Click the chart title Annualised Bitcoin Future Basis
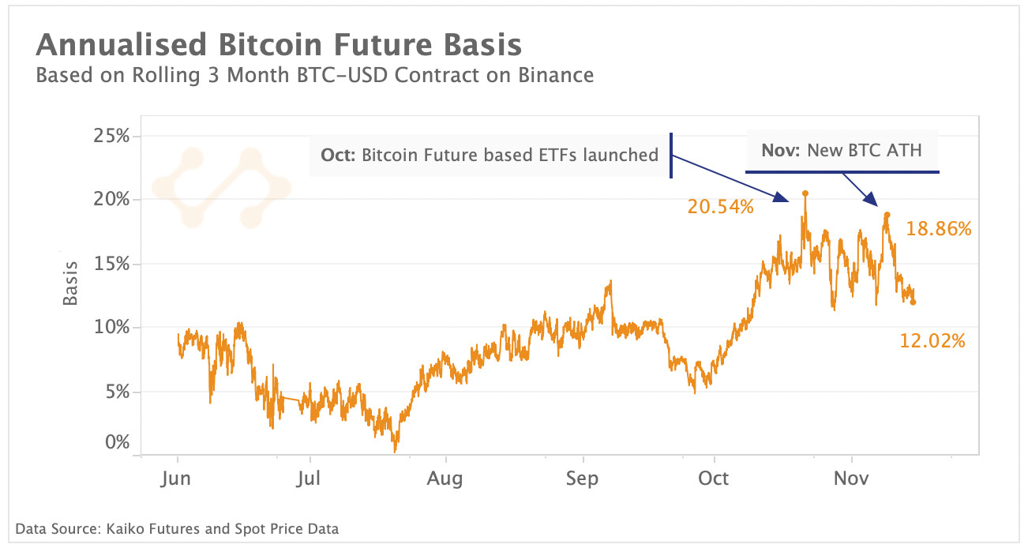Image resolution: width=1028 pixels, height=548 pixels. point(279,44)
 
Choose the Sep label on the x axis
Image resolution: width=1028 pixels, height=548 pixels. point(583,479)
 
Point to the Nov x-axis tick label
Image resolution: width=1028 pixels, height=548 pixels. point(852,479)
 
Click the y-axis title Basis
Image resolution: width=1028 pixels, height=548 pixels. point(71,283)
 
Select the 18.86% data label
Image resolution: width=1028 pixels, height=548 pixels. point(938,229)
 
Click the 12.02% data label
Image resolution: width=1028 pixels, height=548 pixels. point(932,341)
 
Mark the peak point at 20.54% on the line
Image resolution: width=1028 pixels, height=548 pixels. point(805,193)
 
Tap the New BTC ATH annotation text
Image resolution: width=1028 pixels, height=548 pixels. point(842,150)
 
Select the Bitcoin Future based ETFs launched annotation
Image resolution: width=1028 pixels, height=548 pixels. point(490,155)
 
